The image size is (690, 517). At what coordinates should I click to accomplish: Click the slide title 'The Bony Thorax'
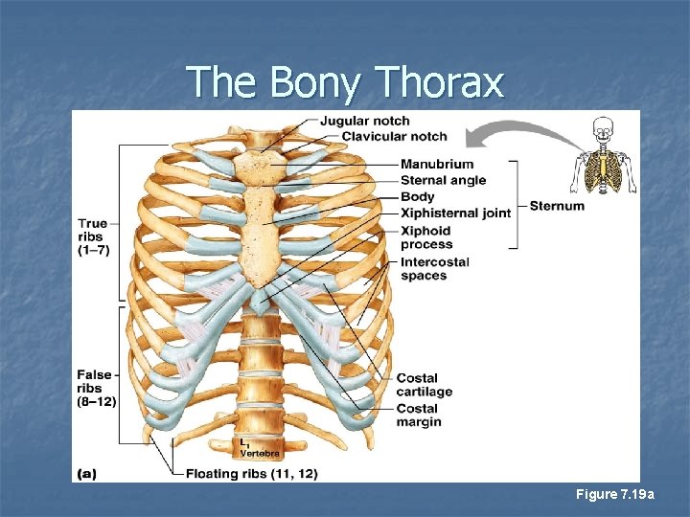pyautogui.click(x=344, y=82)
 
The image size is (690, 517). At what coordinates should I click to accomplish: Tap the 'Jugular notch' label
pyautogui.click(x=364, y=122)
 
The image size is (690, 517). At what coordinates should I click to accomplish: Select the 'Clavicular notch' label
pyautogui.click(x=394, y=137)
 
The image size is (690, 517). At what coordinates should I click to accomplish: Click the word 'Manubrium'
pyautogui.click(x=436, y=164)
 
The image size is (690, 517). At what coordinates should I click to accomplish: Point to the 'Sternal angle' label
pyautogui.click(x=443, y=180)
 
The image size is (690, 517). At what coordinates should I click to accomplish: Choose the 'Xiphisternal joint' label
pyautogui.click(x=455, y=214)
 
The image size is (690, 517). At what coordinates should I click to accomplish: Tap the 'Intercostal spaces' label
pyautogui.click(x=434, y=269)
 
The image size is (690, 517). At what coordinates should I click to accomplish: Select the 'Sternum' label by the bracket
pyautogui.click(x=556, y=206)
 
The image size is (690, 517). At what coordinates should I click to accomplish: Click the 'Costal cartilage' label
pyautogui.click(x=424, y=385)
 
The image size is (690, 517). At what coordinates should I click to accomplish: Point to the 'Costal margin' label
pyautogui.click(x=419, y=416)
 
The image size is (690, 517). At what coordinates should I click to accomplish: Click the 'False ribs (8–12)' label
pyautogui.click(x=96, y=388)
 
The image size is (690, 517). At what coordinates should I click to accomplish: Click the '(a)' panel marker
pyautogui.click(x=85, y=473)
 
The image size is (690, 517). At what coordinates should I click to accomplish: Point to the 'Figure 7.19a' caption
pyautogui.click(x=614, y=494)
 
